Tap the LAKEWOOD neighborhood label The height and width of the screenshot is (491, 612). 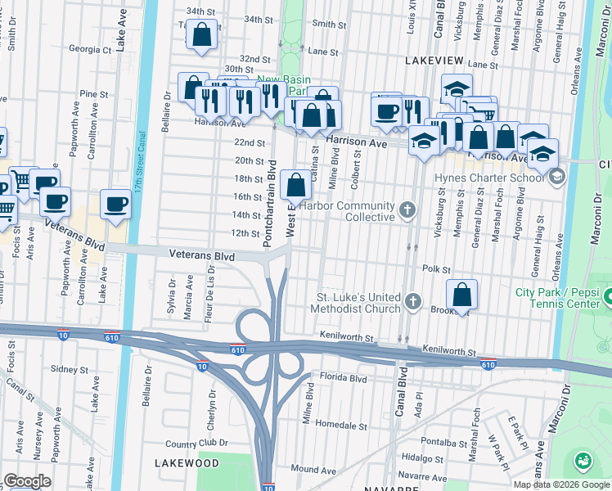click(187, 463)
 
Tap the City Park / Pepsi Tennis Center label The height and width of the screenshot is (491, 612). click(563, 299)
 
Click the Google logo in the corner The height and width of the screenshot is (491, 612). click(26, 481)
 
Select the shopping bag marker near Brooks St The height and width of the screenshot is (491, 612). click(462, 295)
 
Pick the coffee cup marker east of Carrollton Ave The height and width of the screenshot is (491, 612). click(116, 205)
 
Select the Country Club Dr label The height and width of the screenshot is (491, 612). click(191, 444)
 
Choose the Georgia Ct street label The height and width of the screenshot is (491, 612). click(90, 49)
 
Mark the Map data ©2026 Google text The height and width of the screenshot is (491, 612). click(560, 484)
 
